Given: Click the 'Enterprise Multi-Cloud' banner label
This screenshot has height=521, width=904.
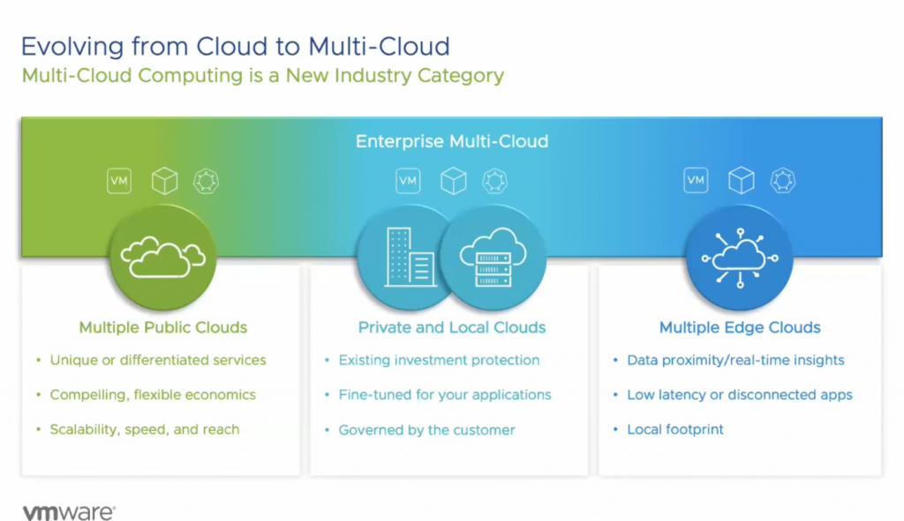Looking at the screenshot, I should [451, 141].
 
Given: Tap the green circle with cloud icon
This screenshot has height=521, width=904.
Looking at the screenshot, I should [163, 255].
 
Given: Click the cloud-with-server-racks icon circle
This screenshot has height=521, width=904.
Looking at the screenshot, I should [493, 256].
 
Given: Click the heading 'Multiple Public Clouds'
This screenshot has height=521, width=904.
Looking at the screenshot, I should [163, 328].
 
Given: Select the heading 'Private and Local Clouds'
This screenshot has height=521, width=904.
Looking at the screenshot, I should [451, 328].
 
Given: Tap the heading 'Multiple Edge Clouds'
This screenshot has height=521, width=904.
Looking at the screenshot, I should [740, 328].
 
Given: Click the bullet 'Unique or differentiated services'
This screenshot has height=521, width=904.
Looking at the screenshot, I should [157, 360].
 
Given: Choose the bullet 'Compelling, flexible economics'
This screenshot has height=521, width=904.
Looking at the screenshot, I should [153, 395].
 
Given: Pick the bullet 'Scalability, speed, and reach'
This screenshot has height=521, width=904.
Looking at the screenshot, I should [144, 429].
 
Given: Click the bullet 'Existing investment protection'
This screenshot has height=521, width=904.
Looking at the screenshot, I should [439, 360].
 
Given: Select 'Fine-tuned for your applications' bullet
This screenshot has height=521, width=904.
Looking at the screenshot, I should [444, 395].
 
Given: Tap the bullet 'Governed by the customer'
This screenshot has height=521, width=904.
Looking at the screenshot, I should [426, 430].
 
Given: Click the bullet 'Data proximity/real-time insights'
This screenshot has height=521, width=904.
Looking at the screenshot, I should [735, 360].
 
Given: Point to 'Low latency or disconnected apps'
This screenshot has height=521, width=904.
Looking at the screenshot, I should [739, 395].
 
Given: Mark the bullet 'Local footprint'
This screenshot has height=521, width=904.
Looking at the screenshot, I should [674, 429].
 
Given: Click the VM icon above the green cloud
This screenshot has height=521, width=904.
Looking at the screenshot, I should [119, 181].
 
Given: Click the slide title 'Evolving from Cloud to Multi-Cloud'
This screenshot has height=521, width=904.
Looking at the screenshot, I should [236, 46].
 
